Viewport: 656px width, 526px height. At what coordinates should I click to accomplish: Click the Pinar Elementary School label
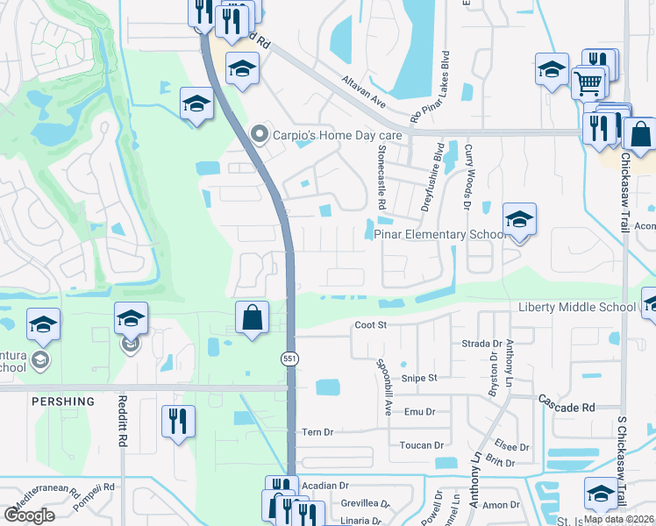439,234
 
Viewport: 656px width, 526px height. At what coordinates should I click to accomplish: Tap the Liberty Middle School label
576,307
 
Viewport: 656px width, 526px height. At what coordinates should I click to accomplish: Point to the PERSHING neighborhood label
63,402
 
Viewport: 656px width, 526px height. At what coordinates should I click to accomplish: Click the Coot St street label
370,325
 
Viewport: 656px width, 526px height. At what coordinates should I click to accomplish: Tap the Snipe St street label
419,378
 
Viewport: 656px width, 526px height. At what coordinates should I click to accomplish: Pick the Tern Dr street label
317,431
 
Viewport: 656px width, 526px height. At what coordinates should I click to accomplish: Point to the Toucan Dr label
422,445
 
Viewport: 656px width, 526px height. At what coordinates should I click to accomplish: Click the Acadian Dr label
324,485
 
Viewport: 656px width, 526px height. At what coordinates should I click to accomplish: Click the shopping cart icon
588,83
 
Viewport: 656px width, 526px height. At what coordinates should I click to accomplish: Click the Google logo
30,515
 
